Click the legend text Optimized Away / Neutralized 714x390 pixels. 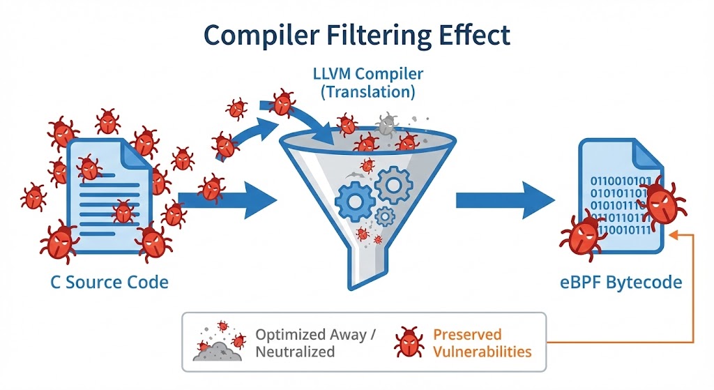point(315,343)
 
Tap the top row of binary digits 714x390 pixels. point(621,183)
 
